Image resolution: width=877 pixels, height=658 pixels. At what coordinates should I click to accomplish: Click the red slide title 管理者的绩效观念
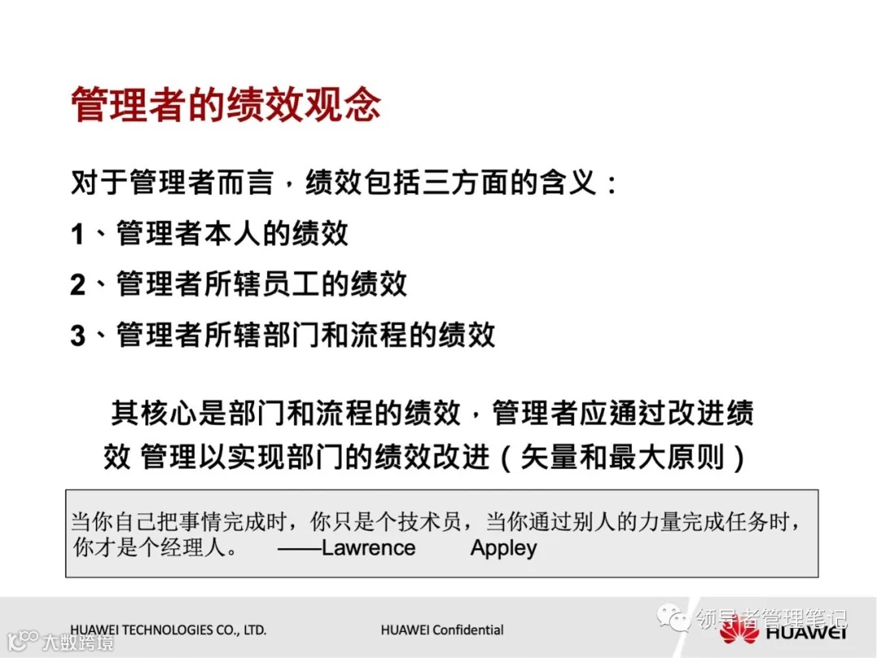click(x=226, y=105)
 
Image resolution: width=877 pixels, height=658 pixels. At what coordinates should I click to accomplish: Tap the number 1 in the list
click(x=77, y=235)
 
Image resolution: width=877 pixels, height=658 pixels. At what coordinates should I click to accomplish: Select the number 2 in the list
click(x=77, y=285)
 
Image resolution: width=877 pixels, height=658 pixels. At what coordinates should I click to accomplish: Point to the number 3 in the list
click(x=77, y=335)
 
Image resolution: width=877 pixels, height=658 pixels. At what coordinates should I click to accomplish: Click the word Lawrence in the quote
click(x=368, y=548)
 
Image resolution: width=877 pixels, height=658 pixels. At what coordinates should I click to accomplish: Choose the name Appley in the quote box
click(x=503, y=548)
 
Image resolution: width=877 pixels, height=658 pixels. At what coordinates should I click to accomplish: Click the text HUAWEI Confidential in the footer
click(x=442, y=630)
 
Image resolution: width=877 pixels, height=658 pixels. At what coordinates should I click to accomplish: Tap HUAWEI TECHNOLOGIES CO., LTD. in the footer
click(x=168, y=630)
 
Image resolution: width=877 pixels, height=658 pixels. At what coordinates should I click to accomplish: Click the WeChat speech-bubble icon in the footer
click(x=673, y=619)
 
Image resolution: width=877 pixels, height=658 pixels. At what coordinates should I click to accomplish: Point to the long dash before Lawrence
click(x=298, y=548)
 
